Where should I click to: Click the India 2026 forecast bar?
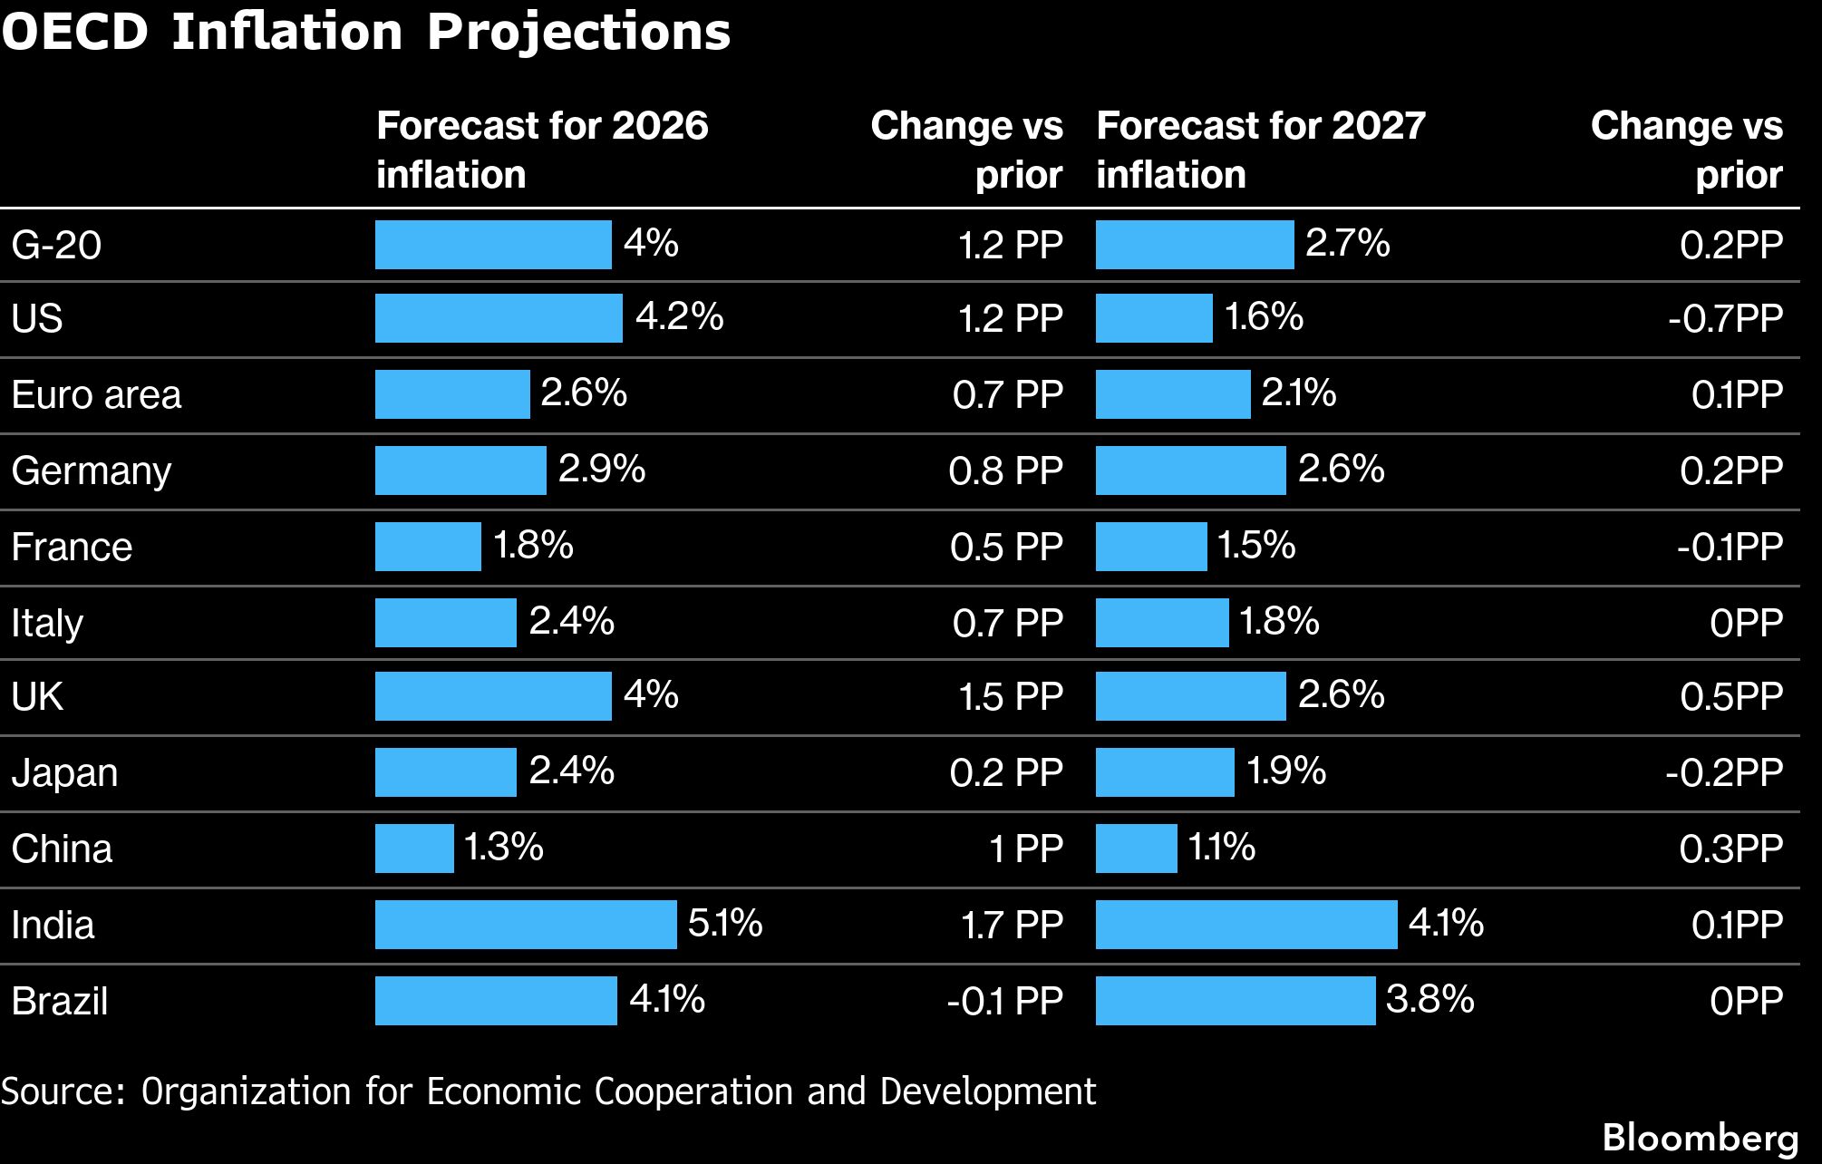pos(526,925)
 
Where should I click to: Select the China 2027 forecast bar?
pos(1136,849)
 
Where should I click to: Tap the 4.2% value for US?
pos(679,317)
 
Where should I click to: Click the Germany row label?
pos(91,471)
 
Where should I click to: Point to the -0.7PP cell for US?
pos(1725,318)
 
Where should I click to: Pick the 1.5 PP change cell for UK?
pos(1010,696)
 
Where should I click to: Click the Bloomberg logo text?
pos(1700,1138)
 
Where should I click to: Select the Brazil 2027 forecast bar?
pos(1235,1001)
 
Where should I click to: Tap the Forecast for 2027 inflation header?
pos(1260,150)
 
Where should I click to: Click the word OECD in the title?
pos(74,32)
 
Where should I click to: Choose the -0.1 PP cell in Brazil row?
pos(1004,1001)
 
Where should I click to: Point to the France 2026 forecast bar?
pos(428,547)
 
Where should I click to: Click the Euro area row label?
pos(96,395)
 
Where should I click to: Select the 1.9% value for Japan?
pos(1285,771)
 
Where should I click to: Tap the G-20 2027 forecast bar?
pos(1194,245)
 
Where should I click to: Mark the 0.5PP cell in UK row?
pos(1730,696)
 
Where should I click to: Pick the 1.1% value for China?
pos(1221,848)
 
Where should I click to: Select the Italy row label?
pos(47,624)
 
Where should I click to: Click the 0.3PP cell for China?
pos(1730,849)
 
